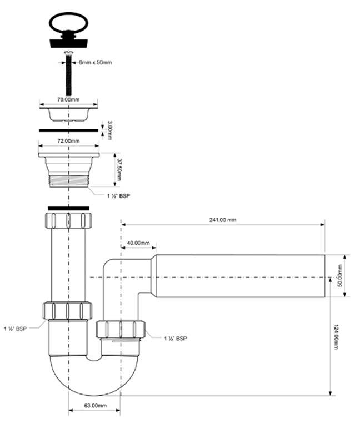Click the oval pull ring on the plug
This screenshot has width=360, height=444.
click(68, 23)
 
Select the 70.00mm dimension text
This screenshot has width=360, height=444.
click(69, 100)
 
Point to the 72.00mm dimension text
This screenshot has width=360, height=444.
click(69, 141)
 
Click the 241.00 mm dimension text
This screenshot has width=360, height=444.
click(223, 220)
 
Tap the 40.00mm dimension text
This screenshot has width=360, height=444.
click(138, 243)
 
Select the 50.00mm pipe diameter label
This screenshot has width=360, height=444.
click(339, 276)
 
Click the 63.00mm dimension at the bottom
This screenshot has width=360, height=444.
click(95, 406)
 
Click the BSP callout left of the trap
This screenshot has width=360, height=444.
click(14, 329)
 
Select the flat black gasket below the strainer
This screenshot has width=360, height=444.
click(69, 131)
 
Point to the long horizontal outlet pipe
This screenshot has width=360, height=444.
click(239, 276)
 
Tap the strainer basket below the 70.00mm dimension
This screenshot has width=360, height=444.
click(68, 114)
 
